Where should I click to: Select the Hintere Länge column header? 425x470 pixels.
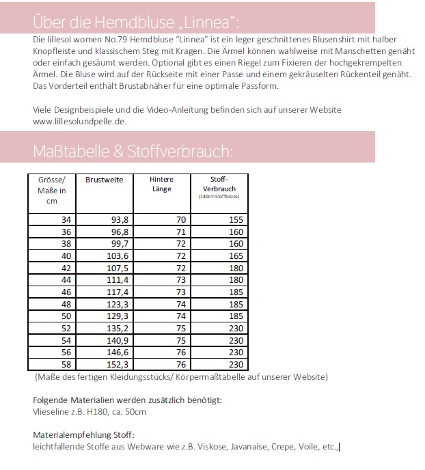tap(161, 184)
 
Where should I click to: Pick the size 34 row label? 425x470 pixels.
tap(66, 220)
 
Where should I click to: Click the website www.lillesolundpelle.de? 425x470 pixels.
tap(79, 121)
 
